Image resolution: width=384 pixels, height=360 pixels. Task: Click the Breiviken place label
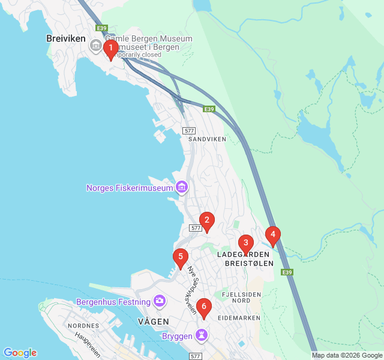pyautogui.click(x=66, y=38)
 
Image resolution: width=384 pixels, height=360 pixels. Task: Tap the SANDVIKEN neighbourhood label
pyautogui.click(x=207, y=139)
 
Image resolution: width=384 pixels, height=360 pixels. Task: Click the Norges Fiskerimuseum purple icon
pyautogui.click(x=182, y=188)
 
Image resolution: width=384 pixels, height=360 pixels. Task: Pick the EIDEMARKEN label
pyautogui.click(x=239, y=317)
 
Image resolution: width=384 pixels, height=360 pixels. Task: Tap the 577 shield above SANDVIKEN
pyautogui.click(x=190, y=130)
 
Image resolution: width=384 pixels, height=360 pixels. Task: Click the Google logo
pyautogui.click(x=20, y=353)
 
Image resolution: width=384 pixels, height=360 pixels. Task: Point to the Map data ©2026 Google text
pyautogui.click(x=346, y=355)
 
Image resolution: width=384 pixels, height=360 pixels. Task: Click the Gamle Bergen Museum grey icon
pyautogui.click(x=95, y=45)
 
